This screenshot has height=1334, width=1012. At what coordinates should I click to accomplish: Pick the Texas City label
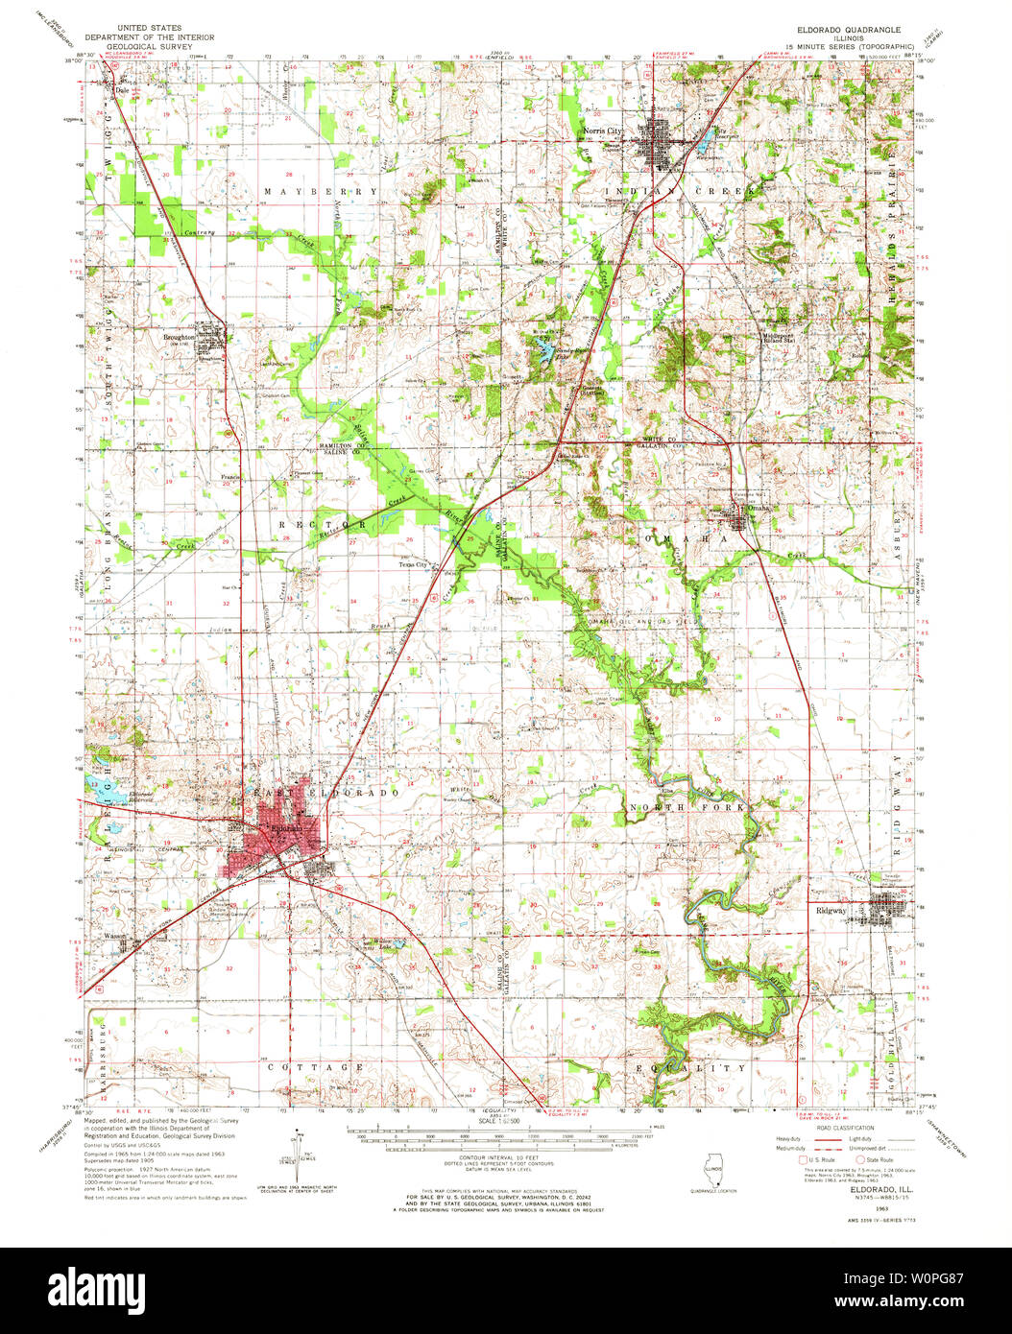tap(412, 565)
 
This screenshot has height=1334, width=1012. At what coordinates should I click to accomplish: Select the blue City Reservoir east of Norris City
tap(708, 145)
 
